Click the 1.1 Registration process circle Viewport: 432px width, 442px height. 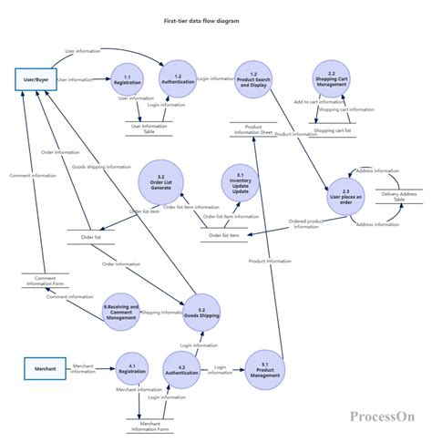(127, 80)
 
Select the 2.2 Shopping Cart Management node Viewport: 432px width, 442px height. (331, 80)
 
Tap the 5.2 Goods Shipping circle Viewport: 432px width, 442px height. (201, 311)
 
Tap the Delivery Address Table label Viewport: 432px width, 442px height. (399, 196)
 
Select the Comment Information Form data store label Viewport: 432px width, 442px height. (45, 280)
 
